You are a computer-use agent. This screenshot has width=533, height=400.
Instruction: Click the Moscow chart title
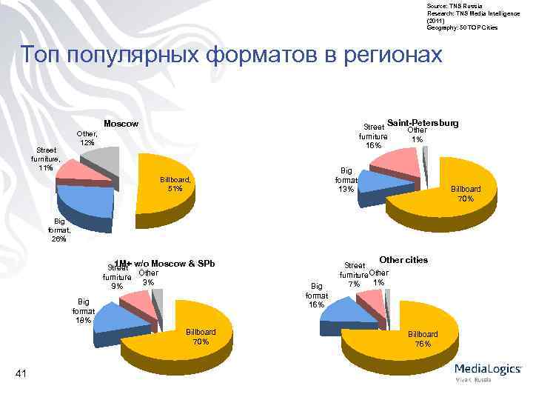[120, 124]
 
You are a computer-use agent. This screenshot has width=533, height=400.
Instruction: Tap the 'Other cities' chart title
[403, 260]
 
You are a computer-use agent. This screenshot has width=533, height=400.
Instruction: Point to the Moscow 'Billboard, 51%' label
[176, 184]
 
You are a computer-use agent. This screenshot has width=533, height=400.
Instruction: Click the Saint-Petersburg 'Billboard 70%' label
[466, 194]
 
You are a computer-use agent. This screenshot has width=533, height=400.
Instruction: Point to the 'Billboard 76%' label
[423, 339]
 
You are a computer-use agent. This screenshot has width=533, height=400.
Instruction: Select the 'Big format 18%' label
[82, 310]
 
